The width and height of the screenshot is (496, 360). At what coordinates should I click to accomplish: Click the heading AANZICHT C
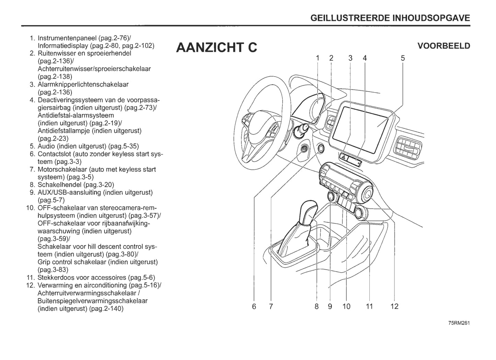[x=216, y=47]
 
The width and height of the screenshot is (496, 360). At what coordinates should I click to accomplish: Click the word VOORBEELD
[x=443, y=46]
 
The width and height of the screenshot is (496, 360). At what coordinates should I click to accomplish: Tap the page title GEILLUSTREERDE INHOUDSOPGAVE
[x=390, y=18]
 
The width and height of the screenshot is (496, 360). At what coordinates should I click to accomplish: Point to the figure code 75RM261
[x=459, y=323]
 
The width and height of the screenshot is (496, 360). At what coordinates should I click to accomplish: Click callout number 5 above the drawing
[x=403, y=58]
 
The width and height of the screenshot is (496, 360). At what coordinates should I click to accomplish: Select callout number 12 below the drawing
[x=394, y=306]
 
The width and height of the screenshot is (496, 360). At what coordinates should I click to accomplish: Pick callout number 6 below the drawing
[x=254, y=306]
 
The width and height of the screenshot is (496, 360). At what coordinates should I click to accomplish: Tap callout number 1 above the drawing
[x=318, y=58]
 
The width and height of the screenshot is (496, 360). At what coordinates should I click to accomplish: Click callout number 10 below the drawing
[x=346, y=306]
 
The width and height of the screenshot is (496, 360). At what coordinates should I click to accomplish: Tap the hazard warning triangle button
[x=344, y=156]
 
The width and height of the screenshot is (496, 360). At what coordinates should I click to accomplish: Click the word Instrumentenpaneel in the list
[x=67, y=38]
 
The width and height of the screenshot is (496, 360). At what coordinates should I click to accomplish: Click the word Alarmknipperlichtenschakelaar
[x=83, y=85]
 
